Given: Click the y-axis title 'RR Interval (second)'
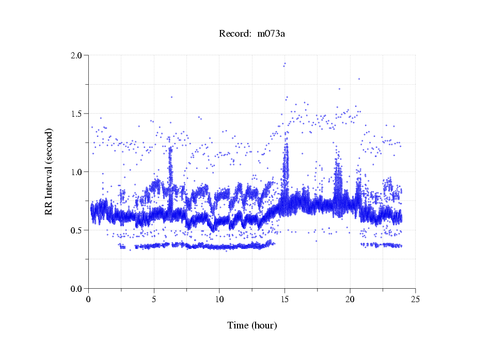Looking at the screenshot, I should pos(49,171).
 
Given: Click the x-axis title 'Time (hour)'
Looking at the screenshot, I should pos(252,325).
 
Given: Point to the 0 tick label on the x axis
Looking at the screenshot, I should pos(89,299).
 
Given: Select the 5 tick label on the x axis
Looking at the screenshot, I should pos(154,299).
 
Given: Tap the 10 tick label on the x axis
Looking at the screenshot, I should pos(219,299).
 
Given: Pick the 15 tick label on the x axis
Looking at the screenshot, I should pos(284,299).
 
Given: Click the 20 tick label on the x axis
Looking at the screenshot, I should pos(350,299).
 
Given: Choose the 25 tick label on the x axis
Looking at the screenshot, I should pos(415,299).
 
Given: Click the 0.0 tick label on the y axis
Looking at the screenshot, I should pos(77,289).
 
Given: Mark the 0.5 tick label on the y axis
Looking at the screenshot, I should pos(77,230).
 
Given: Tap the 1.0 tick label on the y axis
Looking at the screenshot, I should pos(77,172).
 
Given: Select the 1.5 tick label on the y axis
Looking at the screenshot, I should pos(77,114).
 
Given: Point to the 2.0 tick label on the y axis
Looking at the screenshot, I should pos(77,55).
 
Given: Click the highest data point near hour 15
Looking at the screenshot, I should pos(284,64).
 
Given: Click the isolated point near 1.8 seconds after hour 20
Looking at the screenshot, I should pos(359,79).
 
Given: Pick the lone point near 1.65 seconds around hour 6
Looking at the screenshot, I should pos(171,97).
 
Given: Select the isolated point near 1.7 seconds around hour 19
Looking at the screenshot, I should pos(339,89).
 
